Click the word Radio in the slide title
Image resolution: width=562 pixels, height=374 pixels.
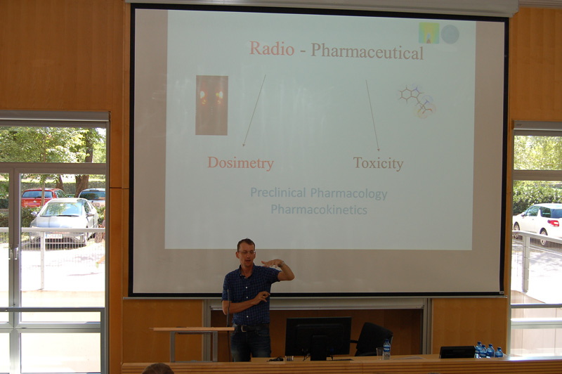[272, 49]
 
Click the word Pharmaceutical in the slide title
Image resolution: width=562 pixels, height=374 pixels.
[367, 51]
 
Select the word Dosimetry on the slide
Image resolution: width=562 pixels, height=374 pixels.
[240, 163]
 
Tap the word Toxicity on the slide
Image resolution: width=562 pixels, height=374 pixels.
[378, 163]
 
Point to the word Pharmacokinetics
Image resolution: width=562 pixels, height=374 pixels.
[319, 209]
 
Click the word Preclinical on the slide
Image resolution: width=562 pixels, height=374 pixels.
[277, 193]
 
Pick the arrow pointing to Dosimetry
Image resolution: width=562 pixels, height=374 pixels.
[254, 110]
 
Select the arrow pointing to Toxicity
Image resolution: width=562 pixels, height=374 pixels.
[372, 115]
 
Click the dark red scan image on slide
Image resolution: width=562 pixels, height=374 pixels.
[211, 105]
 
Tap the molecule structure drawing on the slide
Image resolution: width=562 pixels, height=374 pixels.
[417, 102]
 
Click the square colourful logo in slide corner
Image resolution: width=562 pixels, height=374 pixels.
[429, 33]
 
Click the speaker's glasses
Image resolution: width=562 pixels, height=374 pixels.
[247, 252]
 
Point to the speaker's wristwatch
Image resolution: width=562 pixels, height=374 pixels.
[282, 264]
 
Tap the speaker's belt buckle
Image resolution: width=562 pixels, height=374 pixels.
[245, 328]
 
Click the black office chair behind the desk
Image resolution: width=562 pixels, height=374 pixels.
[373, 339]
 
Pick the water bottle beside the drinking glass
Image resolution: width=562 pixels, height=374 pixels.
[387, 349]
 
